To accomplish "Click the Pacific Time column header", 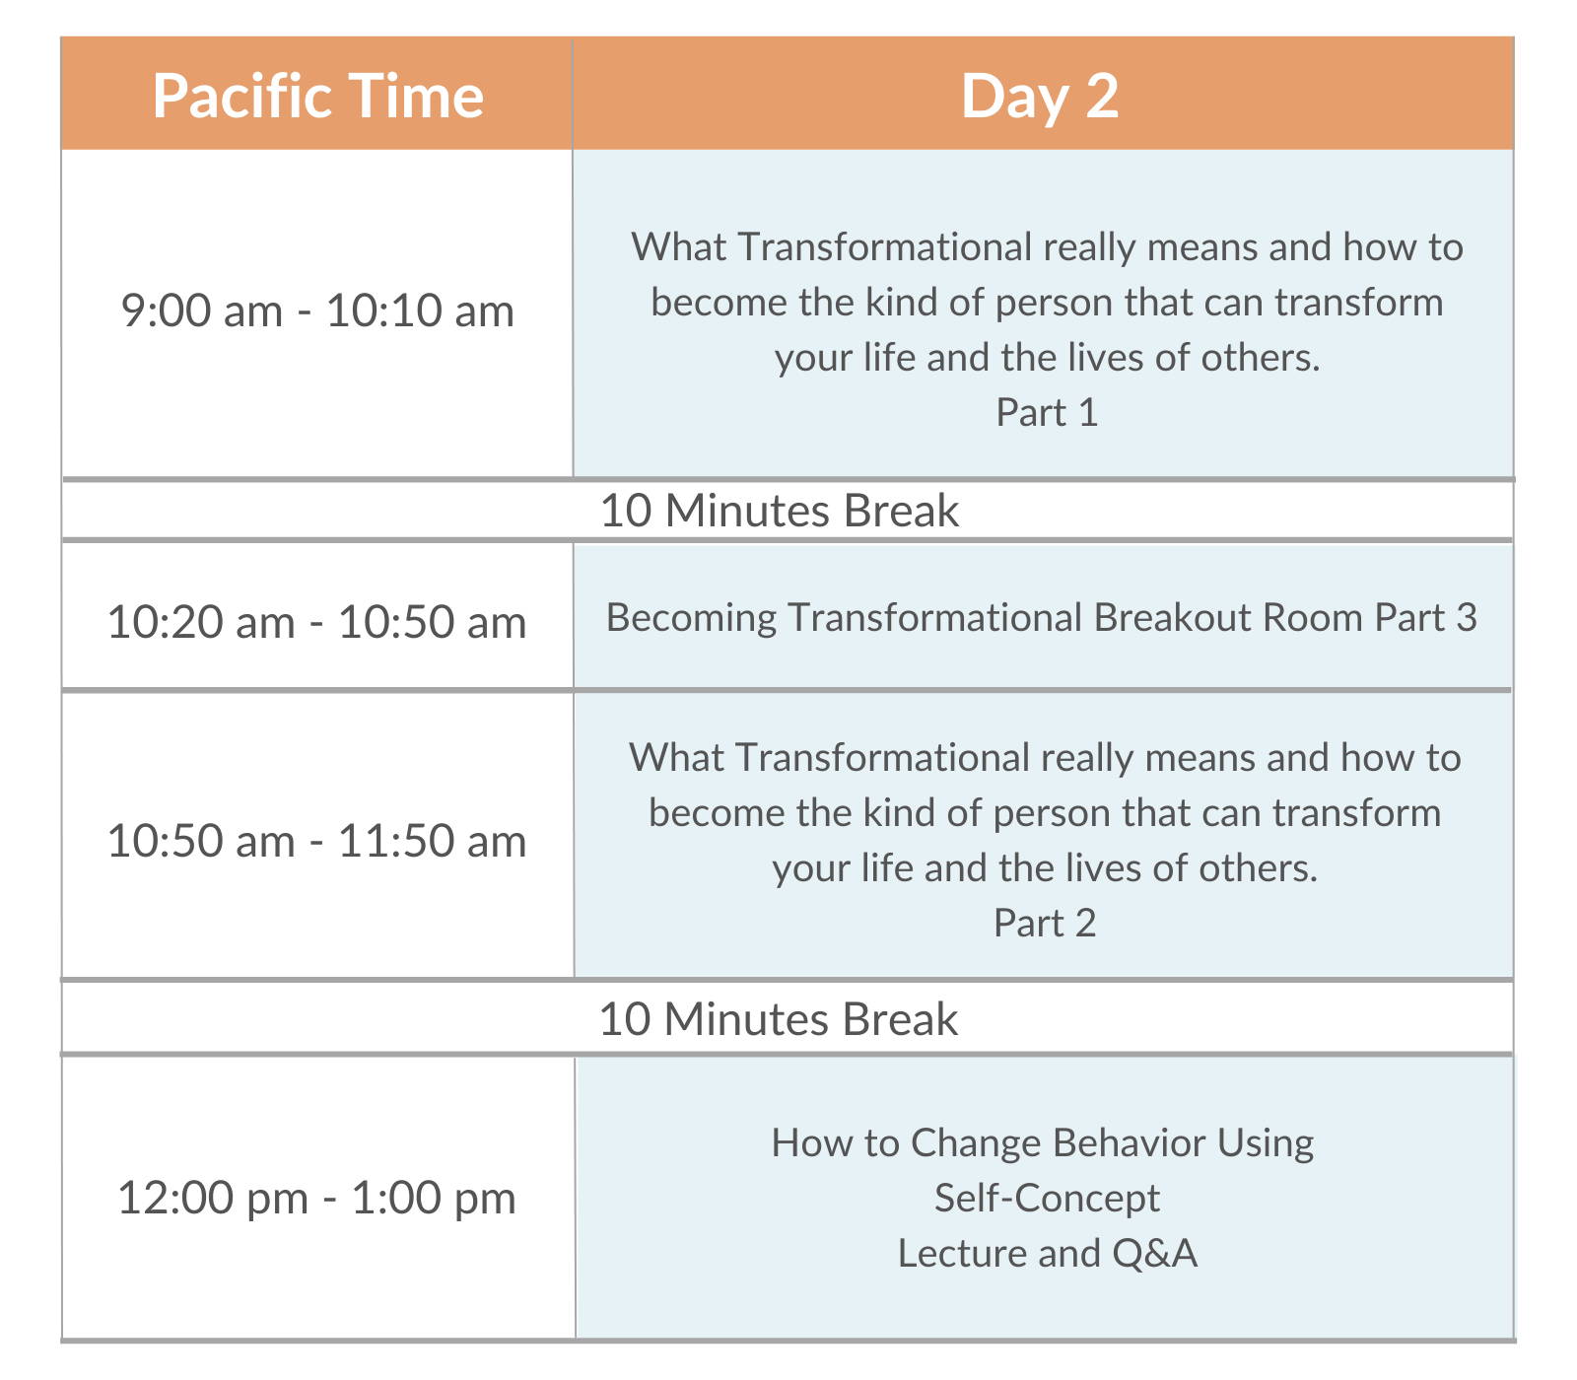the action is coord(317,96).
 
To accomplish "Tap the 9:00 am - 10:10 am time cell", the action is coord(317,310).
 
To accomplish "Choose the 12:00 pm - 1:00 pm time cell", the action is coord(316,1198).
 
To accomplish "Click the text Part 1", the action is coord(1047,412).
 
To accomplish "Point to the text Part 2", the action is coord(1045,923).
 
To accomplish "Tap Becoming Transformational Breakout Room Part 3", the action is coord(1042,617).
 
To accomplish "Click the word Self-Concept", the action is coord(1047,1198).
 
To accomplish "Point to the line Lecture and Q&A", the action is coord(1047,1253).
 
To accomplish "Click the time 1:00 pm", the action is coord(434,1199).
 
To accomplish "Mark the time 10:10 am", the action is coord(420,310).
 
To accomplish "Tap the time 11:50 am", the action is coord(432,841).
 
